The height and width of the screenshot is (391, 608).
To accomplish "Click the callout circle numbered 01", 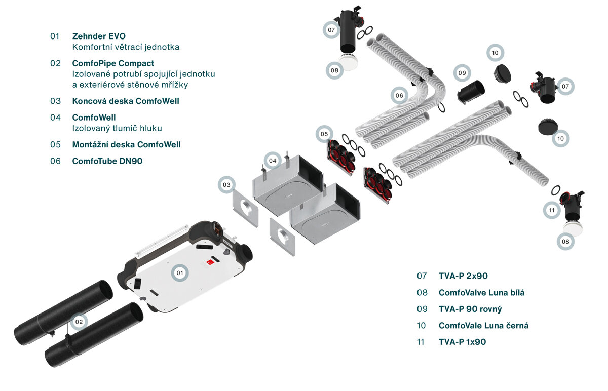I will click(x=179, y=272).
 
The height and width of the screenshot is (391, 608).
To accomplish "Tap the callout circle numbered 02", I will click(x=79, y=321).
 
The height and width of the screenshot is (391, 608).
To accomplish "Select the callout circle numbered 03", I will click(x=226, y=185).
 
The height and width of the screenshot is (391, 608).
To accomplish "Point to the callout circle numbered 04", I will click(x=273, y=161).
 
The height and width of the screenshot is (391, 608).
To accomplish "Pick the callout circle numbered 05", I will click(x=324, y=134).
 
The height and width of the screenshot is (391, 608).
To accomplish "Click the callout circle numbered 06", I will click(x=399, y=95).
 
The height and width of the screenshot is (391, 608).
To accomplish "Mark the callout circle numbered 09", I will click(x=462, y=73).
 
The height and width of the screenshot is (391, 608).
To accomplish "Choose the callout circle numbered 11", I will click(x=552, y=210).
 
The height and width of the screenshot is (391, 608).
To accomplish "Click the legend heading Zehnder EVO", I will click(x=99, y=36).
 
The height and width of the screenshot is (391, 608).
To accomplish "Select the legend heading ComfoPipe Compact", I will click(x=113, y=63).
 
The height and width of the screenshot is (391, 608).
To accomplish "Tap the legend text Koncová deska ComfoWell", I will click(x=126, y=101).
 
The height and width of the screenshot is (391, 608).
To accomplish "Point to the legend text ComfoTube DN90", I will click(x=107, y=161).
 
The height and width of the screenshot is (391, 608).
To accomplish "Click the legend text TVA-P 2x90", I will click(x=463, y=276).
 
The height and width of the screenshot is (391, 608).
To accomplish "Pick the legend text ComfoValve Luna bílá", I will click(x=481, y=293).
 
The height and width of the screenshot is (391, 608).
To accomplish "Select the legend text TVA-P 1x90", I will click(x=462, y=342).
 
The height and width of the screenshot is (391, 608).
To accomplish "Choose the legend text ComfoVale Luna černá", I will click(x=483, y=326).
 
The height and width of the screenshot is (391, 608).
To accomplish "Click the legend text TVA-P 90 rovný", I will click(x=470, y=309).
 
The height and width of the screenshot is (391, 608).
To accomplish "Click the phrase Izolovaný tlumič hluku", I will click(x=117, y=128).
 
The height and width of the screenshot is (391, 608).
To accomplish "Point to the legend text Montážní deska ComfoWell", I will click(x=126, y=144).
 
